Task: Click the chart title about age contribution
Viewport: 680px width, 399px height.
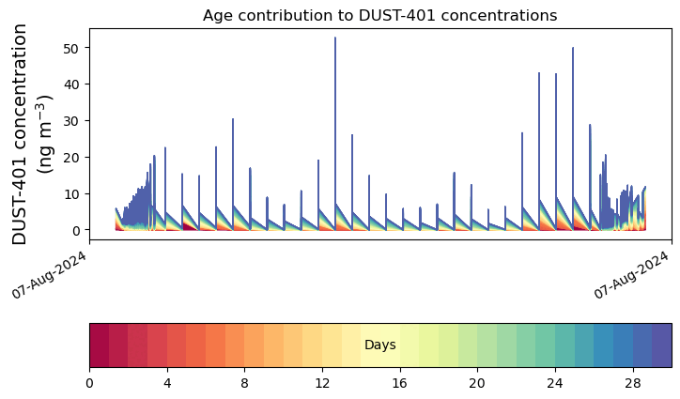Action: [379, 15]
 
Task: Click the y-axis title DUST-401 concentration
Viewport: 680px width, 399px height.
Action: [33, 133]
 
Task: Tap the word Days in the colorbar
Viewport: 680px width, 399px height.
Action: [379, 345]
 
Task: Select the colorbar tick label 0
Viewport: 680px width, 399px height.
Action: [89, 383]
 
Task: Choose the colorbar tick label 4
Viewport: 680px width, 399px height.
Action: [167, 383]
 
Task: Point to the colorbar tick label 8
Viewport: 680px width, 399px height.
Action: [244, 383]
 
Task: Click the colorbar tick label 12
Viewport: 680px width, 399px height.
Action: [322, 383]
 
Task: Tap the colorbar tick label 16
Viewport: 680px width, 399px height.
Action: [400, 383]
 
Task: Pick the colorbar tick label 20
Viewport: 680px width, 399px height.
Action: [477, 383]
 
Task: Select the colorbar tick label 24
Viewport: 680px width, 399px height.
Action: [555, 383]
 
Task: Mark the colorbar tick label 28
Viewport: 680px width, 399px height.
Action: [633, 383]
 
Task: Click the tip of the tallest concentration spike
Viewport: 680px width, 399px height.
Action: [335, 38]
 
